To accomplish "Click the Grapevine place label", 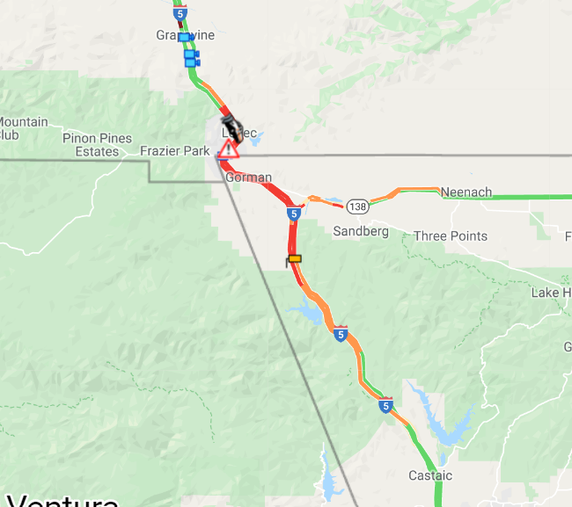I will click(x=186, y=35).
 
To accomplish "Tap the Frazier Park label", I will click(x=174, y=151).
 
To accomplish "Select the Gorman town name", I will click(x=248, y=177).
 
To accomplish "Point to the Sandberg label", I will click(x=361, y=231).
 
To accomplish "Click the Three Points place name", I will click(x=451, y=235).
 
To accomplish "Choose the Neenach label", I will click(x=466, y=192).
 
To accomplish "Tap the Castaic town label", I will click(x=430, y=475).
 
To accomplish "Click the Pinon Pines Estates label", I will click(x=97, y=145).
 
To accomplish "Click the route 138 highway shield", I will click(x=357, y=206).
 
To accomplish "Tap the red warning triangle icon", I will click(x=229, y=148).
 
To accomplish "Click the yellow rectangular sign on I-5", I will click(x=295, y=258).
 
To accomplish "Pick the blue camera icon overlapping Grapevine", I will click(x=184, y=37).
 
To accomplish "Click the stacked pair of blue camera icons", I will click(x=191, y=58).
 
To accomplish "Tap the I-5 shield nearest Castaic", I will click(x=385, y=405).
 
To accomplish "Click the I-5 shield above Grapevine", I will click(x=180, y=13).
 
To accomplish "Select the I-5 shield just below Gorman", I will click(x=293, y=214).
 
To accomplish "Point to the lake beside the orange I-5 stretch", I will click(x=304, y=309).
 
